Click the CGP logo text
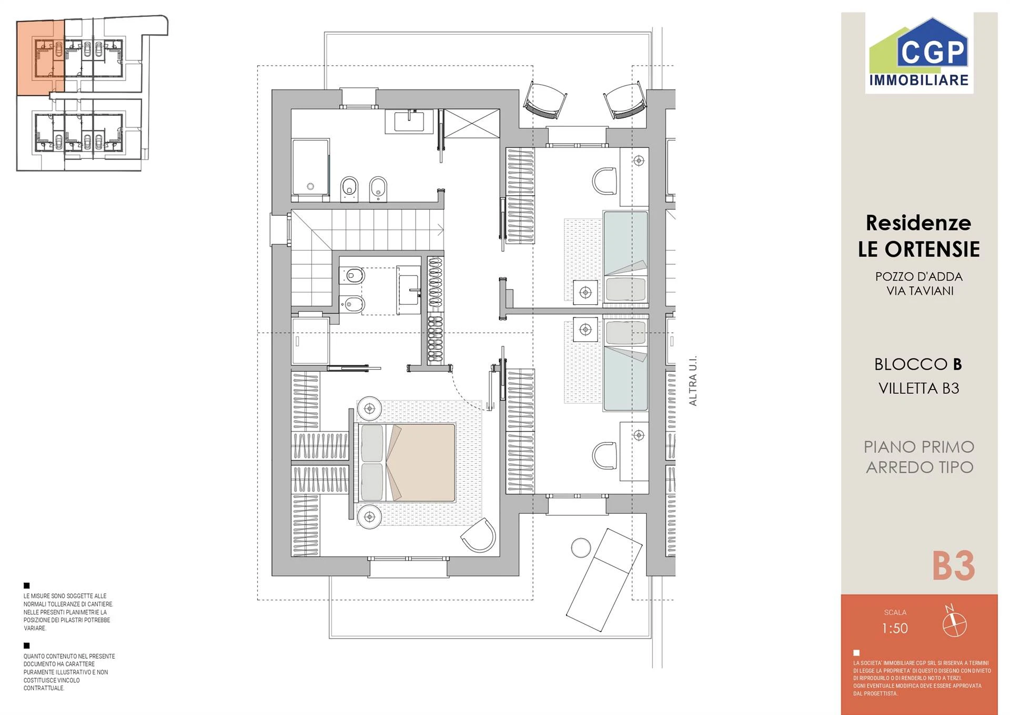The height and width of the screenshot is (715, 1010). coord(934,52)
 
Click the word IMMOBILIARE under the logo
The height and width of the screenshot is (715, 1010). coord(919,80)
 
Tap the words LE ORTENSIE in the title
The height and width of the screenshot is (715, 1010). coord(919,249)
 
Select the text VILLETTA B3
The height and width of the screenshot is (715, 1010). coord(919,388)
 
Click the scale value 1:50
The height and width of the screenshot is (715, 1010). coord(895,628)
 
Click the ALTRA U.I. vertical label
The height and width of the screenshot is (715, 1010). coord(693,380)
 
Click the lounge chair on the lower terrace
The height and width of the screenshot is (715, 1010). coord(604,580)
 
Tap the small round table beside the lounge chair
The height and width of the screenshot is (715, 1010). coord(581,548)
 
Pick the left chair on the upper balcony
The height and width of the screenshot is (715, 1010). coord(545,100)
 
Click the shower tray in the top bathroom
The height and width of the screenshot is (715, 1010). coord(310,170)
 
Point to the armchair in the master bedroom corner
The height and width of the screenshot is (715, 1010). coord(479,535)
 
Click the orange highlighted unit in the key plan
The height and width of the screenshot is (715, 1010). coord(41,58)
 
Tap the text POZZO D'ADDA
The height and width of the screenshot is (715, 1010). coord(919,276)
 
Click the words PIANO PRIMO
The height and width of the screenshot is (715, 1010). coord(919,447)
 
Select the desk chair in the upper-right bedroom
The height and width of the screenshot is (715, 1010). coord(604,181)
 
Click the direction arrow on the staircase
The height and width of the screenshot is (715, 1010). coord(441,230)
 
